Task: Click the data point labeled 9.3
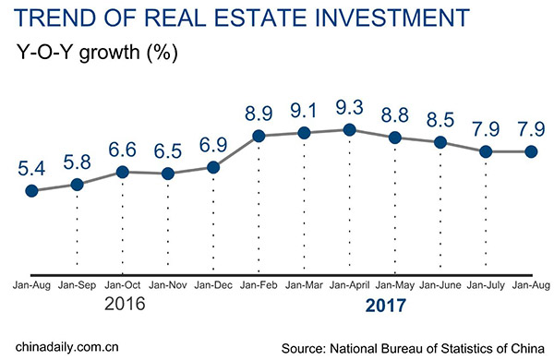pos(350,130)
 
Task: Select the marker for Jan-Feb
pos(259,137)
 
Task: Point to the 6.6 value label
pos(123,150)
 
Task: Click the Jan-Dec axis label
pos(213,286)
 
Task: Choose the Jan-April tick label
pos(350,286)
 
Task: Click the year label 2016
pos(123,304)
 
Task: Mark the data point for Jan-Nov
pos(168,174)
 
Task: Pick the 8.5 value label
pos(440,120)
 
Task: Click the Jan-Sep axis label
pos(78,286)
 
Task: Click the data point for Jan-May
pos(395,138)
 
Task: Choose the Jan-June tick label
pos(440,286)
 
